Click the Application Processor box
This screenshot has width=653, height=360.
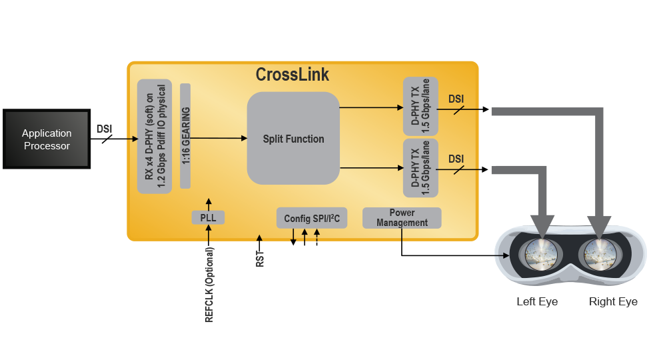click(x=47, y=139)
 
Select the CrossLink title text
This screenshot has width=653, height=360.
click(x=293, y=74)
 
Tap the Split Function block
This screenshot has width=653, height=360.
click(x=293, y=139)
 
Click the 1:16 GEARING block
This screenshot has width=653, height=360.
click(x=185, y=136)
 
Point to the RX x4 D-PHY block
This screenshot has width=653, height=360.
click(x=155, y=136)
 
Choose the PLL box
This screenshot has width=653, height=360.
click(x=209, y=217)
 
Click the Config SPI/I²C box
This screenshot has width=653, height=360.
click(x=312, y=218)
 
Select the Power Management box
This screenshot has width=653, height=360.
click(x=402, y=218)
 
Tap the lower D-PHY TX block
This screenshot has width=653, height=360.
click(x=420, y=167)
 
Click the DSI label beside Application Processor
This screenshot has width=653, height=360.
click(x=105, y=129)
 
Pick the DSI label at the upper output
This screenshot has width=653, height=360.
click(x=456, y=99)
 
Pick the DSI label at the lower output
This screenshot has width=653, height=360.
click(x=456, y=159)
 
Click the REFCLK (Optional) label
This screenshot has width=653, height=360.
click(x=209, y=285)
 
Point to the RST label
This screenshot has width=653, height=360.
click(x=260, y=259)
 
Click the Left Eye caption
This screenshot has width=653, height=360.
click(x=537, y=302)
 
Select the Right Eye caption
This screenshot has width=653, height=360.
click(x=613, y=302)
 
